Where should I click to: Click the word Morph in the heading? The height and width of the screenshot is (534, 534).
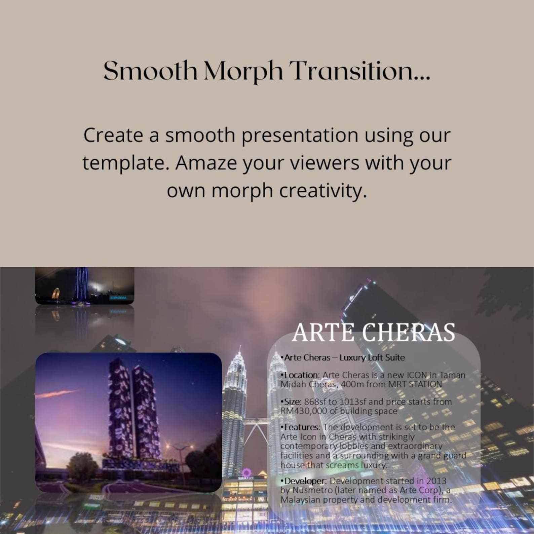click(243, 71)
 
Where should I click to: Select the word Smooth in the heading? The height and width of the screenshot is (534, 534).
click(150, 71)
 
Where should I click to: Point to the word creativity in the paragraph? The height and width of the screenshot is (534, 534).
click(323, 191)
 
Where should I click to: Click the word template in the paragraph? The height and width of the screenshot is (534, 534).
click(125, 163)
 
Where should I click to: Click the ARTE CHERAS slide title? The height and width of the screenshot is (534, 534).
click(374, 332)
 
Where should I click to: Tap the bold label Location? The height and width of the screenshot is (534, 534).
click(301, 375)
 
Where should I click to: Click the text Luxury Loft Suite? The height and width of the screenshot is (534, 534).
click(372, 357)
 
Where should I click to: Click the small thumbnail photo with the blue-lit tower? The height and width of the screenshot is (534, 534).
click(85, 286)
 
